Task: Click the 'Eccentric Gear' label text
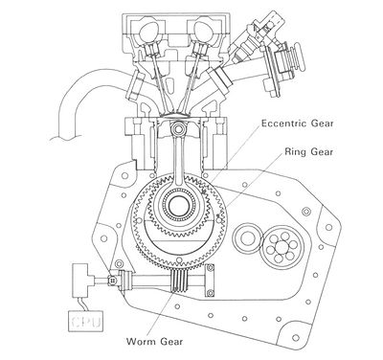(x=297, y=124)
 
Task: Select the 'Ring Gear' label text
(x=308, y=151)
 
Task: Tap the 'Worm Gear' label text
(x=155, y=341)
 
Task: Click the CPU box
(x=86, y=321)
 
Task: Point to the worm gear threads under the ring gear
(x=179, y=280)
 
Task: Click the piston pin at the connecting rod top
(x=178, y=129)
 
